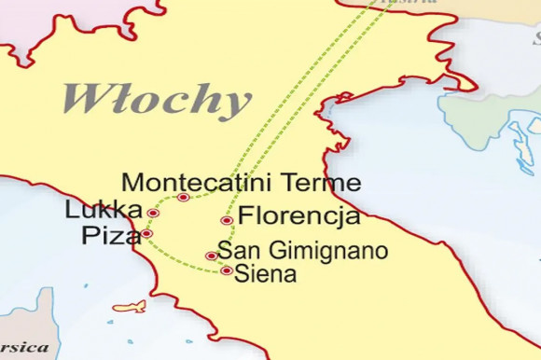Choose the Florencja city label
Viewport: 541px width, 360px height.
click(299, 218)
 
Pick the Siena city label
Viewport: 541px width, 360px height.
click(267, 274)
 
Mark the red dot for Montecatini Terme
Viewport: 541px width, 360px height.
click(183, 198)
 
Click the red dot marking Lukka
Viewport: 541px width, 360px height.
click(154, 214)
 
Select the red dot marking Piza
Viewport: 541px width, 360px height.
click(147, 233)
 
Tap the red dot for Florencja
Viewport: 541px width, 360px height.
click(227, 221)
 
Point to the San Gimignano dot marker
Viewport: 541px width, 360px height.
click(211, 256)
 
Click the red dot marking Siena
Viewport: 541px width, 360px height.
click(227, 271)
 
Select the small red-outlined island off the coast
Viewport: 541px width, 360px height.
click(130, 306)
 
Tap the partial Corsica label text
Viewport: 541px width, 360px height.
click(23, 347)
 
